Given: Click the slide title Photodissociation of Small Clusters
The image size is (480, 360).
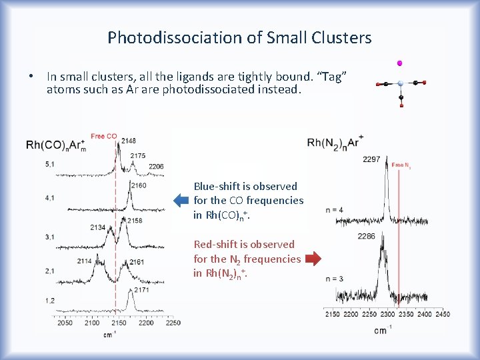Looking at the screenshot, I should coord(239,37).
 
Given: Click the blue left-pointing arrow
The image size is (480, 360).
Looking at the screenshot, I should coord(181,200).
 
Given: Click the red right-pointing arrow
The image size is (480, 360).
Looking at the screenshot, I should coord(313,258).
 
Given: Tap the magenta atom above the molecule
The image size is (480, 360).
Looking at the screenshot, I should coord(399,63).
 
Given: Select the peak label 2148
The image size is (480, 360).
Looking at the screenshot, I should coord(129,141).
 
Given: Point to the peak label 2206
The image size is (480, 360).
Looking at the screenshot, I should coord(156,166).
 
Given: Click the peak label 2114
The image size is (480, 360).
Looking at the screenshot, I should coord(85,261).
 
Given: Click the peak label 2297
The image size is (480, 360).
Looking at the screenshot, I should coord(372,159).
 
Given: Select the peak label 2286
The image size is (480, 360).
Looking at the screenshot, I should coord(367,236).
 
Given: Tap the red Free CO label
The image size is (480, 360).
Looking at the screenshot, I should coord(104,137).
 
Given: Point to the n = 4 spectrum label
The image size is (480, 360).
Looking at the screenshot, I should coord(335,210).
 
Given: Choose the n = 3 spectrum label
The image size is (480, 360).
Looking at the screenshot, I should coord(335,278).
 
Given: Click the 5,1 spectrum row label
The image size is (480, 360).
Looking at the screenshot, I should coord(31,163).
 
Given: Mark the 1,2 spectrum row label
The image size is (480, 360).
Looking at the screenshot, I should coord(31,301).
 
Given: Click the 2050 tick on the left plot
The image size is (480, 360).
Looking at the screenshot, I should coord(65,323).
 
